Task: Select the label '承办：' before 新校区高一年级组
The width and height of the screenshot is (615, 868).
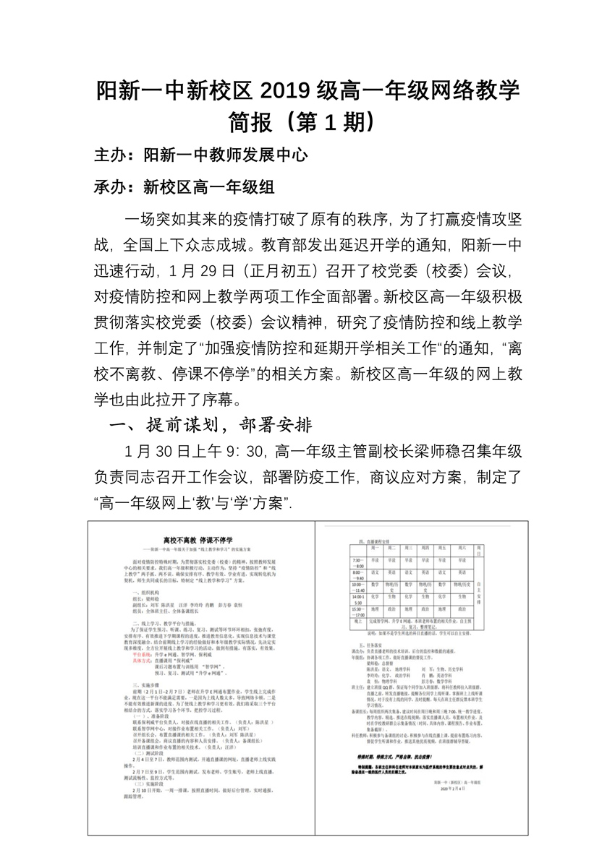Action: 118,187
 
